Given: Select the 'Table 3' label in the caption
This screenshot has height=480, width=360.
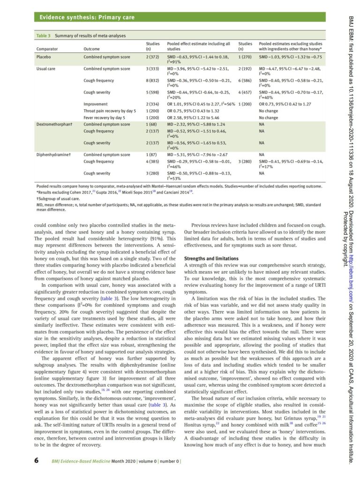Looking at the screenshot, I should (x=44, y=36).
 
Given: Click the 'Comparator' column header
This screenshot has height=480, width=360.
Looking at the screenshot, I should (x=47, y=48).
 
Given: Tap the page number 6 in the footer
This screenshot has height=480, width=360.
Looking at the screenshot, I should (x=37, y=461).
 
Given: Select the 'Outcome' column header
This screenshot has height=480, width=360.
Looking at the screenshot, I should (x=91, y=48).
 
